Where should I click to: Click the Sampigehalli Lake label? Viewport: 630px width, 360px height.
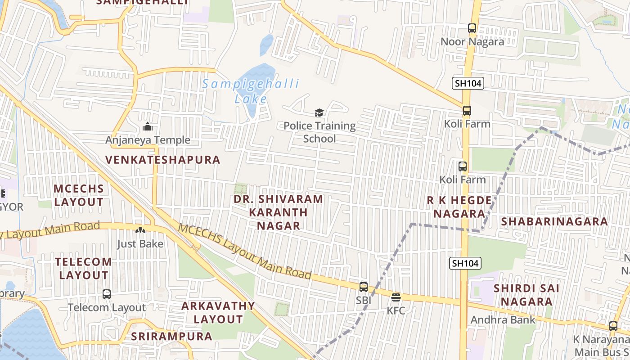(x=251, y=90)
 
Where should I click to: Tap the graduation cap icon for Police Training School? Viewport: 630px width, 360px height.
(x=319, y=113)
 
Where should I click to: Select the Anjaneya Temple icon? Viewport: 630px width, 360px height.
(x=148, y=127)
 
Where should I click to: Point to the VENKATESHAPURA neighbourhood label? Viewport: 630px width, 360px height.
(x=163, y=160)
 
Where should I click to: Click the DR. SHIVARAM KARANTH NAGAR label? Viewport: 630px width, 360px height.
(x=279, y=212)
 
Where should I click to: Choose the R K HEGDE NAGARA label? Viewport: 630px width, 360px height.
(x=459, y=207)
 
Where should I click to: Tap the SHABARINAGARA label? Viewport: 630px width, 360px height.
(x=554, y=221)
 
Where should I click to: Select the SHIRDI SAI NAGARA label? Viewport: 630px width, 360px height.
(x=526, y=295)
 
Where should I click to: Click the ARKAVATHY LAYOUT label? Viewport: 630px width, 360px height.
(x=218, y=312)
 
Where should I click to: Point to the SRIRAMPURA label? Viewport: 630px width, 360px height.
(x=171, y=336)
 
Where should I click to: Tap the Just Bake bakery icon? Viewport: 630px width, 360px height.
(x=140, y=230)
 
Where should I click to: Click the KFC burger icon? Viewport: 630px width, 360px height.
(x=396, y=297)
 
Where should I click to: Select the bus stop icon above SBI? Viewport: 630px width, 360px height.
(x=364, y=287)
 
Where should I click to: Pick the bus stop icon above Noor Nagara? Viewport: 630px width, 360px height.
(x=472, y=28)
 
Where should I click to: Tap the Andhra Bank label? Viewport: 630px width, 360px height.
(x=503, y=320)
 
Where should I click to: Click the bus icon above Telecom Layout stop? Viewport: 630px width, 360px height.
(x=107, y=294)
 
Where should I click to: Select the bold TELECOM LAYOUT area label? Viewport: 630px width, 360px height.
(x=83, y=268)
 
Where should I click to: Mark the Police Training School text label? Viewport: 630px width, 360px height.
(x=319, y=132)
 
